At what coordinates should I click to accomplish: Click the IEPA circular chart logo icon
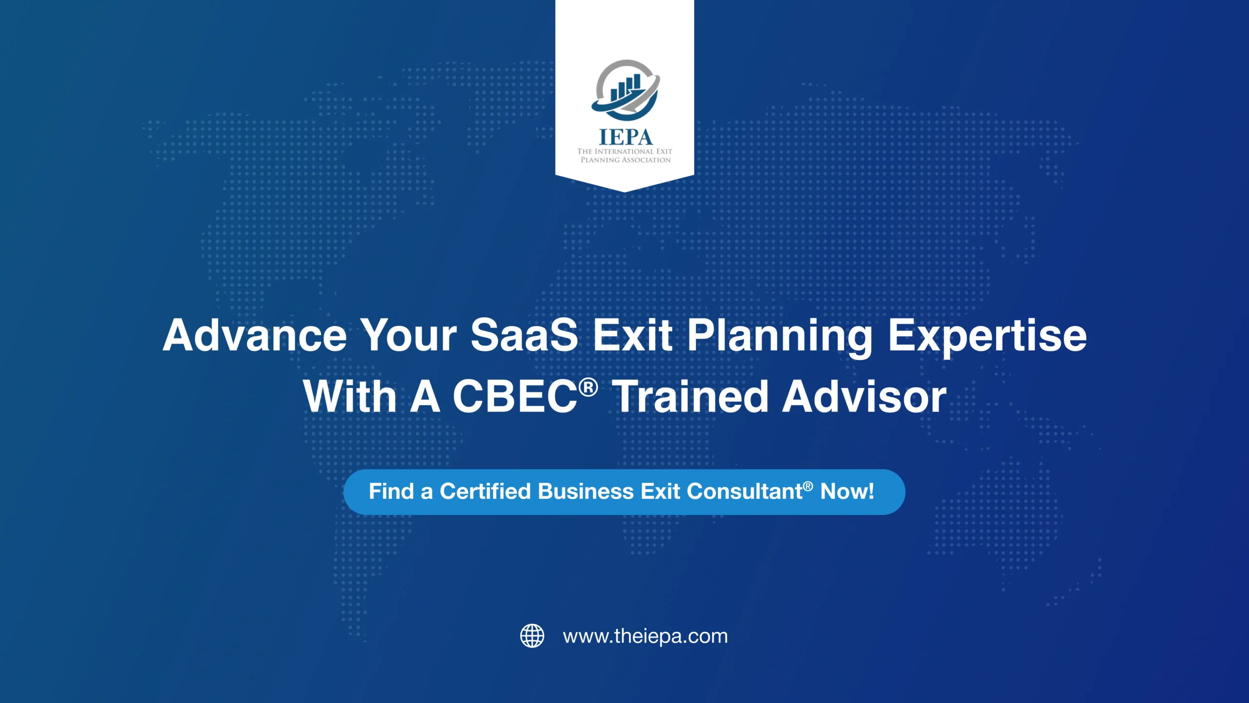click(x=625, y=90)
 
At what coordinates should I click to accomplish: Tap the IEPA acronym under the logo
click(x=625, y=137)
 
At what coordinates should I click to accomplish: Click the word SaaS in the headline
click(x=524, y=335)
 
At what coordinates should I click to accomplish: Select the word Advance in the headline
click(x=254, y=335)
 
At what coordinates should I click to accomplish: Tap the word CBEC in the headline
click(x=515, y=396)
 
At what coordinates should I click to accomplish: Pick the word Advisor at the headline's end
click(x=864, y=396)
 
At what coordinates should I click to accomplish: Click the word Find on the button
click(x=391, y=492)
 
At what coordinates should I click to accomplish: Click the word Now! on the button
click(x=847, y=492)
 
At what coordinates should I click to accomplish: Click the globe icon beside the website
click(x=532, y=636)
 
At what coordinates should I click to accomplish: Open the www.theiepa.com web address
click(x=645, y=636)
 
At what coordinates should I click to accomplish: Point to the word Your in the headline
click(x=409, y=335)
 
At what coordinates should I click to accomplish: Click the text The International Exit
click(x=624, y=151)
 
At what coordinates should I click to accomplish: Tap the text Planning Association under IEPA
click(x=625, y=160)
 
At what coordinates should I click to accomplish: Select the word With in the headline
click(x=350, y=396)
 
